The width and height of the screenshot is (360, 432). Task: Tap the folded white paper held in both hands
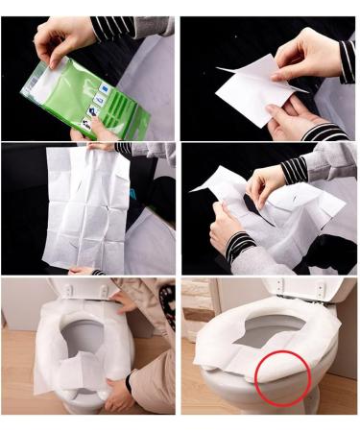254,92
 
